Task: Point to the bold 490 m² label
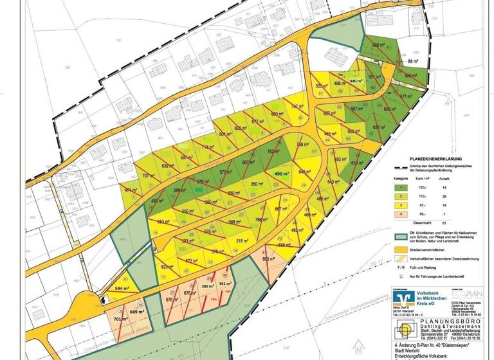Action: click(x=284, y=174)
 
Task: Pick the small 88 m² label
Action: click(x=414, y=62)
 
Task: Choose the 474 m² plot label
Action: click(x=131, y=191)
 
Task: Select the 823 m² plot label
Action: click(x=168, y=267)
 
